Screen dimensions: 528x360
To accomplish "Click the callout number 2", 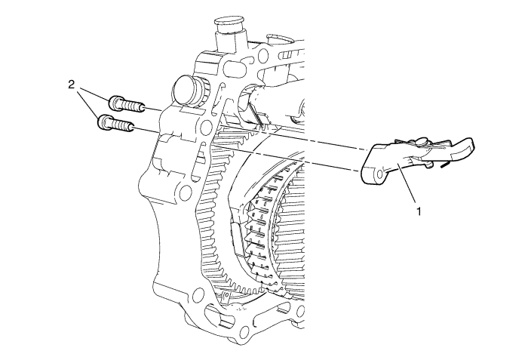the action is (71, 85).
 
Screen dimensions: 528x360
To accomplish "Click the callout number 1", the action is (419, 211).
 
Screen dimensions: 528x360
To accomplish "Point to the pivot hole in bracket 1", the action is (379, 174).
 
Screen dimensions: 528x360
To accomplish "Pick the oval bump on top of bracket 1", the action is (420, 141).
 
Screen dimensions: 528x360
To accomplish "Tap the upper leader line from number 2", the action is (95, 94).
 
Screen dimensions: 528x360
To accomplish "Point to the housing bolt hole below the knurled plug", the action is (204, 126).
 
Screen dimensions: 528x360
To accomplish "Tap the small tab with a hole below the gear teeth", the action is (226, 297).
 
